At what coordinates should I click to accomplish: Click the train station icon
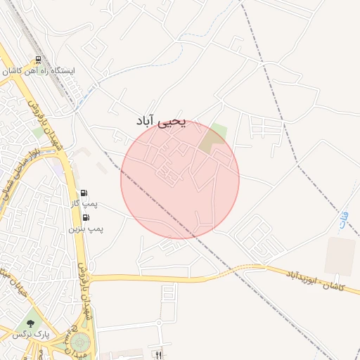38,61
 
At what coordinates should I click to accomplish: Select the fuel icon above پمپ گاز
85,193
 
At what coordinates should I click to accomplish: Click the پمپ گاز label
83,204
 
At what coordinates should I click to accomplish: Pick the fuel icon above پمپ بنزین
86,219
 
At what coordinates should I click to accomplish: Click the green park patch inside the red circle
214,138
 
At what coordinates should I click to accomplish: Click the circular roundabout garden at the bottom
79,344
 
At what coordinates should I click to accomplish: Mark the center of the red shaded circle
180,180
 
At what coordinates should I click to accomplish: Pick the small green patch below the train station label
38,132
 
